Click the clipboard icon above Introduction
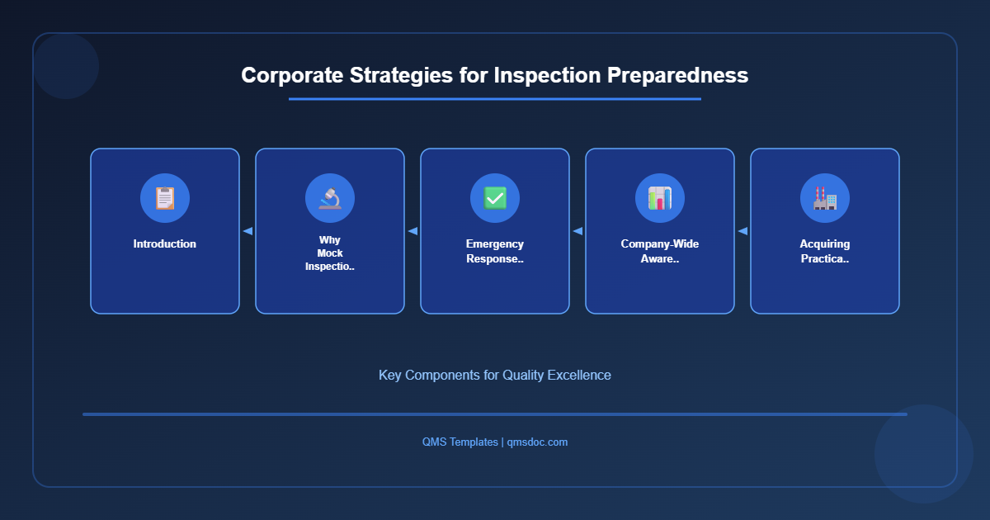(165, 198)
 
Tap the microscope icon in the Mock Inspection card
(330, 198)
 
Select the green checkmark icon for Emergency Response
(495, 198)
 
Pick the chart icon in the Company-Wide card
(660, 198)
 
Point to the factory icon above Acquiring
(825, 198)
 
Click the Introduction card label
(165, 244)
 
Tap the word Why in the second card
(330, 240)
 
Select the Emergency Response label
(495, 251)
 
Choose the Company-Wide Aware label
(660, 251)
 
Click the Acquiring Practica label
(825, 251)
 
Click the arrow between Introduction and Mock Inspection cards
(247, 231)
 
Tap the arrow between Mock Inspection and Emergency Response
(412, 231)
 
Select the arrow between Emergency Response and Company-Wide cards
(577, 231)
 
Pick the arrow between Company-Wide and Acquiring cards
(742, 231)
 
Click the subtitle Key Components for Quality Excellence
(495, 375)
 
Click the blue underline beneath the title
(495, 99)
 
